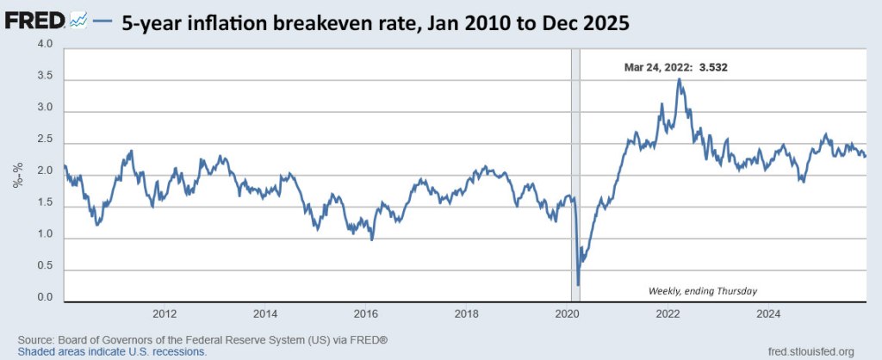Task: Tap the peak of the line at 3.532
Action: pos(680,79)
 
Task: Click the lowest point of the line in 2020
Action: pos(578,284)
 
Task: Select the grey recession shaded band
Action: pos(574,172)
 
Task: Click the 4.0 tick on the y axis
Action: pos(45,45)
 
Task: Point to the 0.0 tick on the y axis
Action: pos(45,299)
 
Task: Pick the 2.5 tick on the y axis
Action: pos(45,140)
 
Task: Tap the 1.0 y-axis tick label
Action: pos(45,235)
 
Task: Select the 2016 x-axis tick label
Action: pos(366,313)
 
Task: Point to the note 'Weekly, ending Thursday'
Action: pos(702,291)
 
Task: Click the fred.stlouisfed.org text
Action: pos(810,351)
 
